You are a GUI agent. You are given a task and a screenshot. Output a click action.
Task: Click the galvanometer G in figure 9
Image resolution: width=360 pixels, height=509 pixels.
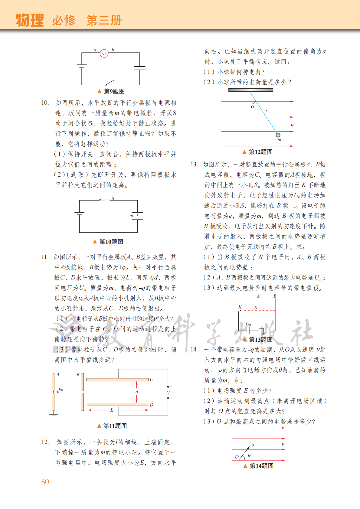[x=104, y=54]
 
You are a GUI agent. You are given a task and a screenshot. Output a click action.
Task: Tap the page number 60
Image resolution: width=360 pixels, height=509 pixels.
[x=45, y=482]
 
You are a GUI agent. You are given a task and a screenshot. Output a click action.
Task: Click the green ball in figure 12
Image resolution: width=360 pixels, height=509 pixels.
[x=278, y=135]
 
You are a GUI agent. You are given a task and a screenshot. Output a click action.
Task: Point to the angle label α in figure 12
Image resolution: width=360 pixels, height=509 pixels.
[x=253, y=106]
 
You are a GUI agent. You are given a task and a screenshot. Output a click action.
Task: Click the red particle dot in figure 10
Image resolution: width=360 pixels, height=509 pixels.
[x=137, y=215]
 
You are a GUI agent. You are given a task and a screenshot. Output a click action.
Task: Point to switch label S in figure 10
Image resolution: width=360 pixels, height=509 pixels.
[x=113, y=198]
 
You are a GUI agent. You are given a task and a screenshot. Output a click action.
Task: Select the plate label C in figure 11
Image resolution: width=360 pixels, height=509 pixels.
[x=151, y=380]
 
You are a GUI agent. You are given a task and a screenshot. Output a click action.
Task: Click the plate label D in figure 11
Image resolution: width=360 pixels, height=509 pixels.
[x=151, y=405]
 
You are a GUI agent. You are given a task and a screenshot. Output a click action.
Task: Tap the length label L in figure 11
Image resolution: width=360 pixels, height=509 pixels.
[x=112, y=410]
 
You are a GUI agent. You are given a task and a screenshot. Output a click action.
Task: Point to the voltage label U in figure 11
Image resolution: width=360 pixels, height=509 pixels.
[x=168, y=392]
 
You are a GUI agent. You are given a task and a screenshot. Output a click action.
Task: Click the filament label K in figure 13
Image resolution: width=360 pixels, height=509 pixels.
[x=240, y=307]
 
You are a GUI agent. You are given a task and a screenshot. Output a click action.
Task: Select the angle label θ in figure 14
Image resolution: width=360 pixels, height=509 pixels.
[x=249, y=455]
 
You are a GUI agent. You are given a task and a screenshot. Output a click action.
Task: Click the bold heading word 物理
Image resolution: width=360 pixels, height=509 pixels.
[x=30, y=20]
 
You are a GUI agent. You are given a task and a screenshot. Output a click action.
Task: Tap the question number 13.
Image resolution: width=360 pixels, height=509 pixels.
[x=194, y=165]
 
